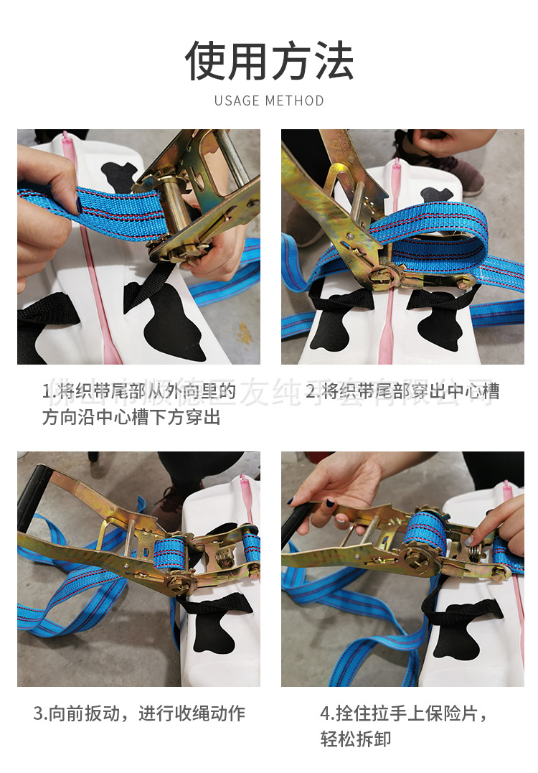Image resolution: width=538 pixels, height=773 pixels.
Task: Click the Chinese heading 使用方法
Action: click(269, 61)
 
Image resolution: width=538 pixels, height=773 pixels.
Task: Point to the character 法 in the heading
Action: click(332, 61)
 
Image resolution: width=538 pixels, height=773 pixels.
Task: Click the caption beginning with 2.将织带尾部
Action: click(402, 391)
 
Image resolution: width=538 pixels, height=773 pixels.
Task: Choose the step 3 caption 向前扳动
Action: click(139, 713)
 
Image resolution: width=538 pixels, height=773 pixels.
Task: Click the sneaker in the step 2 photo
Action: click(459, 172)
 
